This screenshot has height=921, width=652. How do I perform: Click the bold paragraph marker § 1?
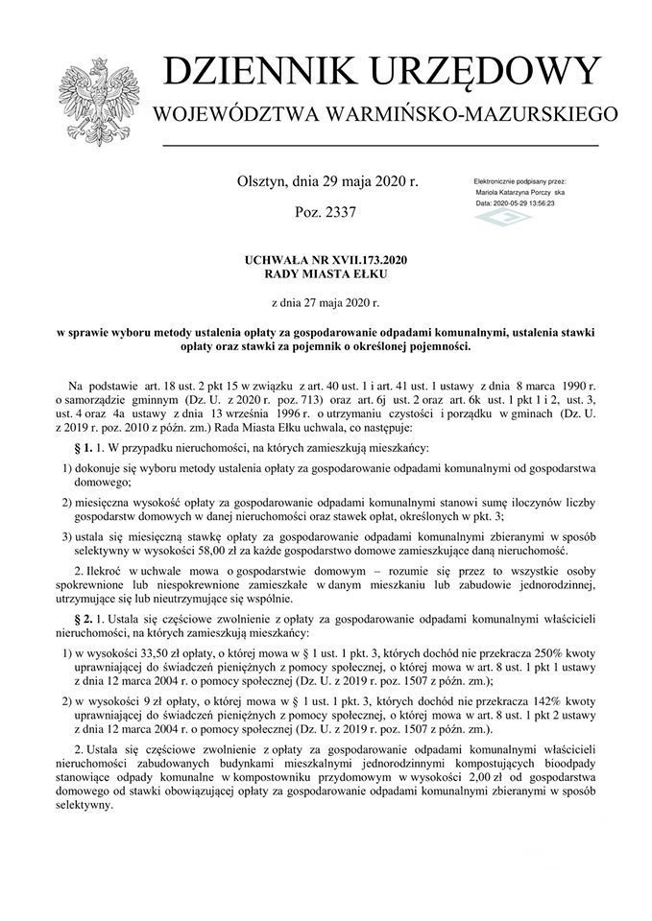pyautogui.click(x=83, y=448)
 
